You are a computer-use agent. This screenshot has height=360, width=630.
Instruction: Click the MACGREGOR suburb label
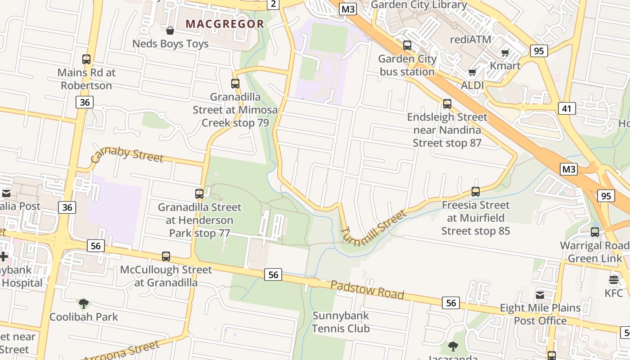225,24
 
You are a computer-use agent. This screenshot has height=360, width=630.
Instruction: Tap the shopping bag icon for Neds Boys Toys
170,31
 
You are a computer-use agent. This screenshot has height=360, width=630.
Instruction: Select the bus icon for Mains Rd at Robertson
86,59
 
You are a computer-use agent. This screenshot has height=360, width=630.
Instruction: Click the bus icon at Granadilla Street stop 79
235,83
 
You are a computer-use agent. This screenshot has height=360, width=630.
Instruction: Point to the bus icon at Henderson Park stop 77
199,194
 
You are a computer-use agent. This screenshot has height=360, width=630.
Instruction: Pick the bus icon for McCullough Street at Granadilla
166,256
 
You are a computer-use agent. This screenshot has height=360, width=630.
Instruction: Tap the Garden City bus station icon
407,45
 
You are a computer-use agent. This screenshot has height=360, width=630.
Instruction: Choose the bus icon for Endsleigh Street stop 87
447,104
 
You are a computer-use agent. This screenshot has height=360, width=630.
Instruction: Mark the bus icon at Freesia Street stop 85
476,192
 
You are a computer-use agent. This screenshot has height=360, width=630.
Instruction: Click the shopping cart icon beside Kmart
505,53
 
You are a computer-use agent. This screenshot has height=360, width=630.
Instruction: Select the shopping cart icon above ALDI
472,72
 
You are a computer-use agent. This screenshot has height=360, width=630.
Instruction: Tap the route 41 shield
567,108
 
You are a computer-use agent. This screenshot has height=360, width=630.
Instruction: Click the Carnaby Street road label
126,154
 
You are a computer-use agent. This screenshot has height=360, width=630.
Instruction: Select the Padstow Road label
367,289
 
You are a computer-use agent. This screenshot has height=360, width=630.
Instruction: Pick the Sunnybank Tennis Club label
341,322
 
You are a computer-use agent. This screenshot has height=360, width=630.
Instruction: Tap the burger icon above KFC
614,280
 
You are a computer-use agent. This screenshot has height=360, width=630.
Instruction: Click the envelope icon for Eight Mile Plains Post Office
540,295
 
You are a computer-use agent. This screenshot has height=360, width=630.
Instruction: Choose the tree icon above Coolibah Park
84,304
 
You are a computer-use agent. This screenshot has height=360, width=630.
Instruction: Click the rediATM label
471,39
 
